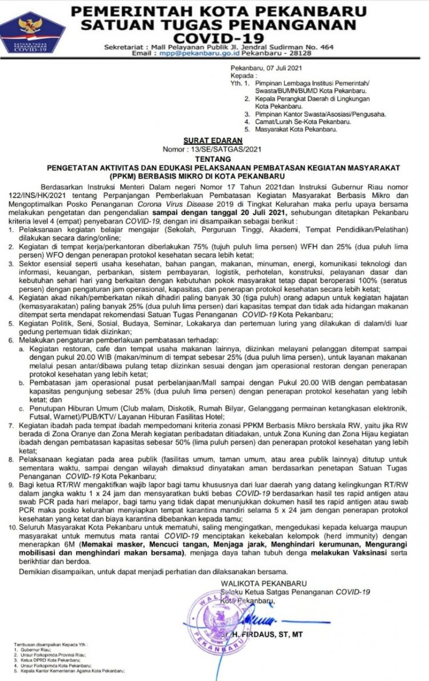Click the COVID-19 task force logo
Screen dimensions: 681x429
pos(33,31)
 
